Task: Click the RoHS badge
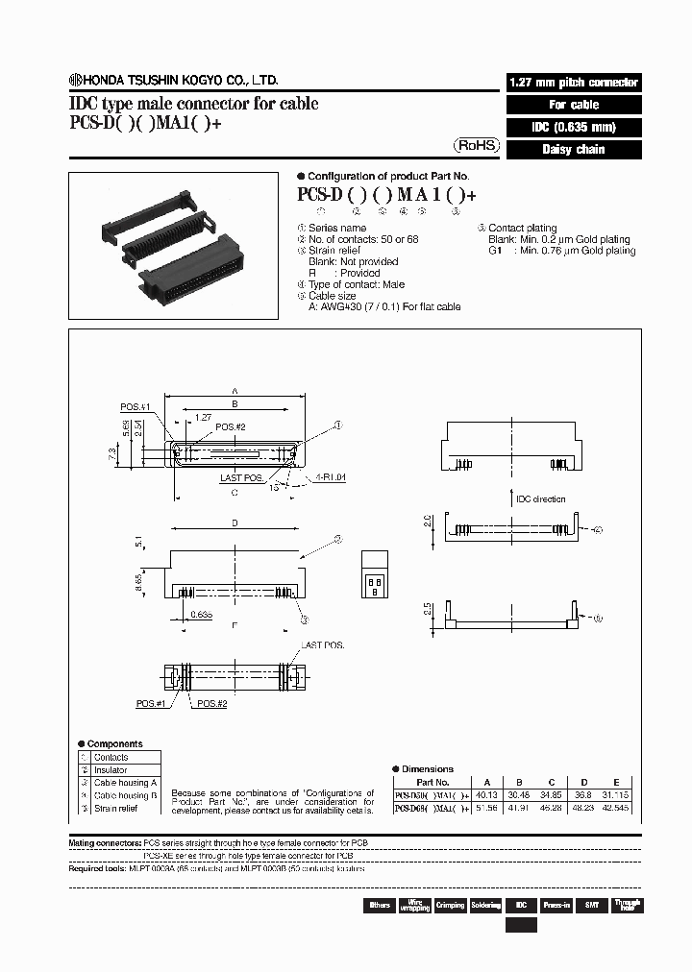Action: click(477, 146)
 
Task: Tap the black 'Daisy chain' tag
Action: click(573, 150)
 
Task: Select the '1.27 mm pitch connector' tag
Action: click(573, 83)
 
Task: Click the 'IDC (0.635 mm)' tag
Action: click(573, 127)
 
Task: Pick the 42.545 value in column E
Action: click(615, 809)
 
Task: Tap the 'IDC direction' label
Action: click(541, 498)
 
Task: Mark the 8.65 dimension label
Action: click(140, 581)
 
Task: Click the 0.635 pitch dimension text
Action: click(201, 613)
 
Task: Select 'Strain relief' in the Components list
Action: click(116, 808)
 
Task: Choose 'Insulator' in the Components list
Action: click(111, 769)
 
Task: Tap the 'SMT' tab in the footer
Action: click(592, 905)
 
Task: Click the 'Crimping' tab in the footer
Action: click(450, 905)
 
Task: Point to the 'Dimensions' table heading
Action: click(428, 768)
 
